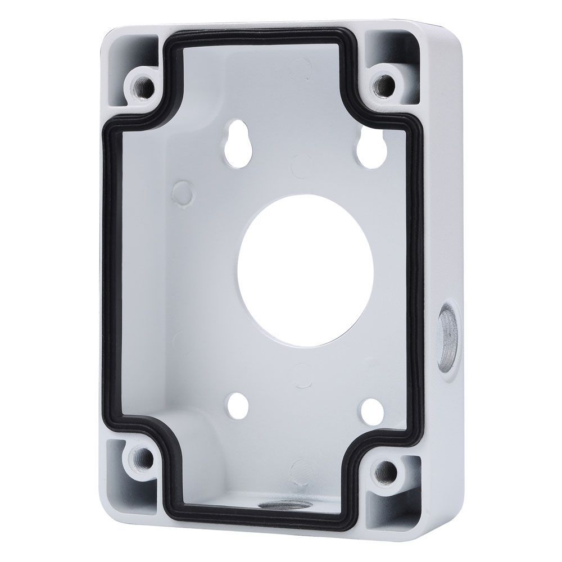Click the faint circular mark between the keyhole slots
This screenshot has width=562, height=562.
(301, 164)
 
